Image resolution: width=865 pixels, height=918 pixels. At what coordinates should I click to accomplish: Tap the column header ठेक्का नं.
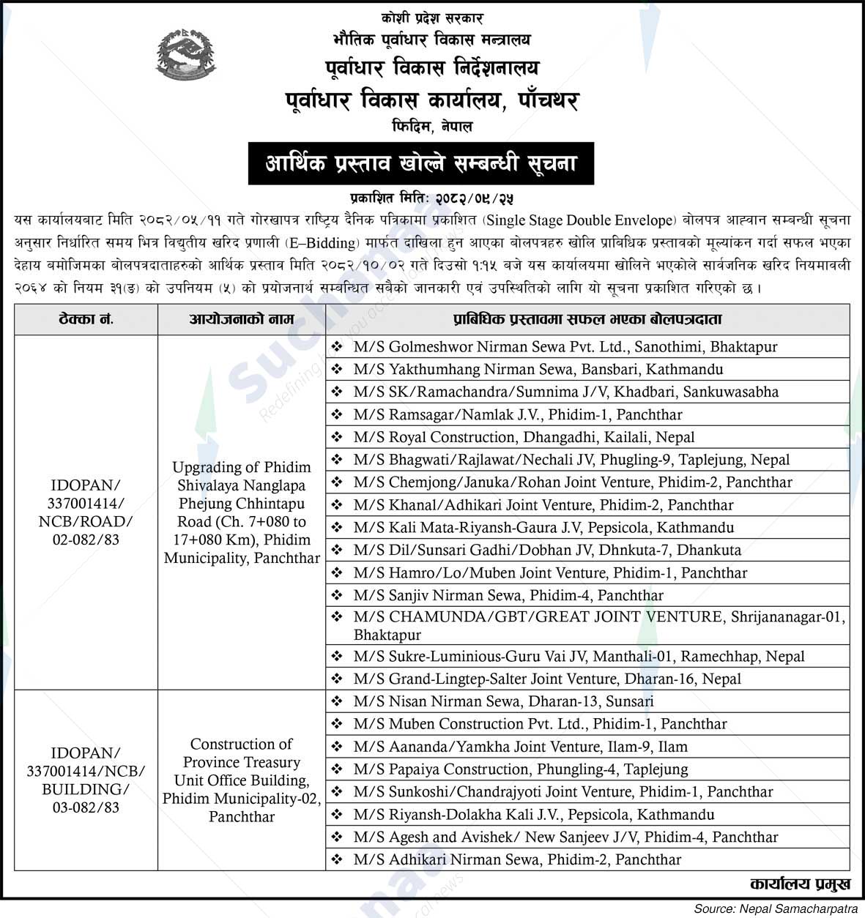point(86,320)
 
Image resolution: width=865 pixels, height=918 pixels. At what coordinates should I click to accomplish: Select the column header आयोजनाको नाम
point(242,320)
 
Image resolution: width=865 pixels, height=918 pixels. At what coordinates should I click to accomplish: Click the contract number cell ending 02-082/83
point(86,512)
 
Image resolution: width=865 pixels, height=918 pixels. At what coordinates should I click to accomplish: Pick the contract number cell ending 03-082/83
point(86,780)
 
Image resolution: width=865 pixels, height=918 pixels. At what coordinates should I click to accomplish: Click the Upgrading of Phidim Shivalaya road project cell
point(242,512)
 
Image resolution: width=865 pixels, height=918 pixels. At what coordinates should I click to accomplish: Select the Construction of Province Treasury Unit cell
point(242,780)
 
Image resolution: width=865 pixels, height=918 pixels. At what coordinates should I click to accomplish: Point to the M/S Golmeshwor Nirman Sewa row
point(565,347)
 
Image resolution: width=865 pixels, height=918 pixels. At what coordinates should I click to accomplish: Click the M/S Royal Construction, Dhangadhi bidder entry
point(524,438)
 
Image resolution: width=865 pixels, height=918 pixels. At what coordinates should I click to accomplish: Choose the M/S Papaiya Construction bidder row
point(520,769)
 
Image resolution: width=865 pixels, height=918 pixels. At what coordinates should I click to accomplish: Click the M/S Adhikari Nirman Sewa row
point(516,860)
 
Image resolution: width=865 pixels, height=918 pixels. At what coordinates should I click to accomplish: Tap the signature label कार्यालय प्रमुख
point(800,884)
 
